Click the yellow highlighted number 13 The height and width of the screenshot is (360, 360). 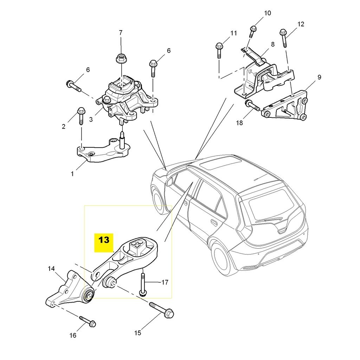(x=104, y=240)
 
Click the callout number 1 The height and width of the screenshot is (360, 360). (x=72, y=173)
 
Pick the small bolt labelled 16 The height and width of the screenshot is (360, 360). (x=88, y=321)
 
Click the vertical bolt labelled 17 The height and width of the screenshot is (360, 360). (x=143, y=284)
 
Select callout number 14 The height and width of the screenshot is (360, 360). (x=51, y=269)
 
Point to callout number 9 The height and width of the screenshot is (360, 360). (x=319, y=77)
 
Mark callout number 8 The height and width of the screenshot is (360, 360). (x=272, y=45)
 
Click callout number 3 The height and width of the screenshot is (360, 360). (x=91, y=120)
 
